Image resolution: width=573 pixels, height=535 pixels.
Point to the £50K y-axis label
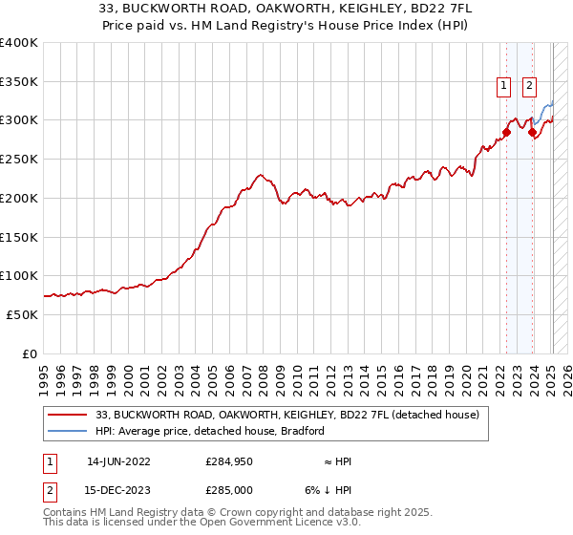pos(22,314)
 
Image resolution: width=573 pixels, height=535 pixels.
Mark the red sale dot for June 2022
pos(507,133)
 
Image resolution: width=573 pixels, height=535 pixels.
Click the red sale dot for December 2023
pos(532,133)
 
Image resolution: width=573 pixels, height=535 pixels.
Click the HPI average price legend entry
pos(210,431)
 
